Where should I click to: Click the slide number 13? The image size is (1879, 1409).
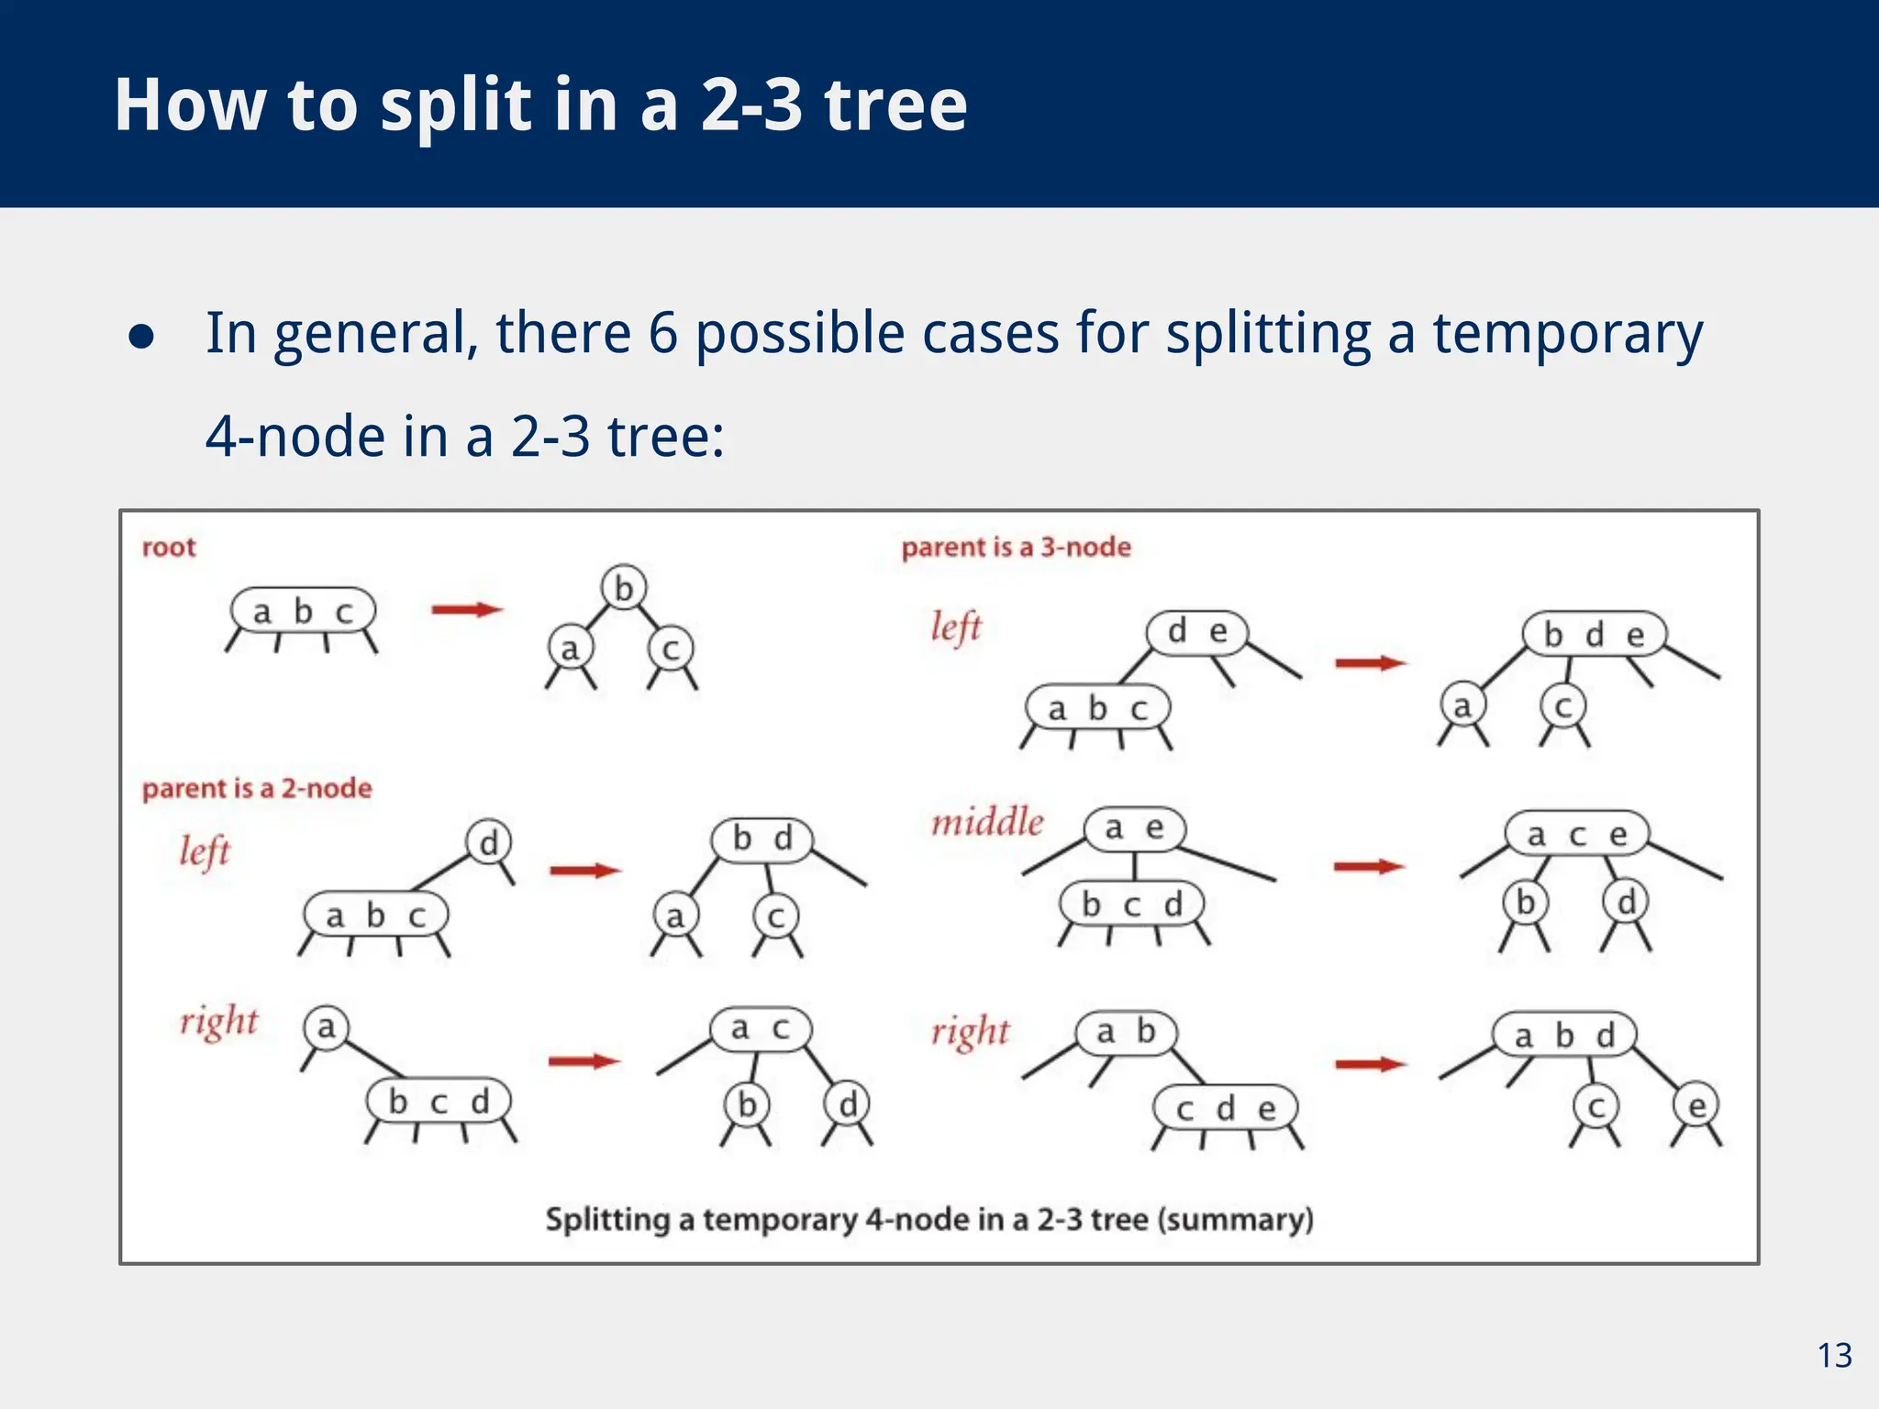(x=1834, y=1355)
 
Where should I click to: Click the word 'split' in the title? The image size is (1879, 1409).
(x=456, y=105)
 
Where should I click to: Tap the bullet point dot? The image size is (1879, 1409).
(x=141, y=336)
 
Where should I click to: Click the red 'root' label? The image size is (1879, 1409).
(x=169, y=548)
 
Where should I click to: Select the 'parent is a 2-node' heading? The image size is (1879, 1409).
(x=257, y=789)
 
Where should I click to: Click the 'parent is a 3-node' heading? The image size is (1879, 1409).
(x=1016, y=548)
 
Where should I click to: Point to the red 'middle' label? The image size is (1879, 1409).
(x=987, y=822)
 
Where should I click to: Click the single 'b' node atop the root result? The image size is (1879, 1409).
(x=624, y=588)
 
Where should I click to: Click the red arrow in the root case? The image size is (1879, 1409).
(x=467, y=610)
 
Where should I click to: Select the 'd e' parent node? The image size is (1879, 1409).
(x=1196, y=632)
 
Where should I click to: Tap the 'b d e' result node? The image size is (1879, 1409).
(x=1594, y=635)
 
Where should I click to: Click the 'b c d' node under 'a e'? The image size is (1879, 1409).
(x=1131, y=904)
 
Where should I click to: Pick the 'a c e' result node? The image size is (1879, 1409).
(x=1576, y=835)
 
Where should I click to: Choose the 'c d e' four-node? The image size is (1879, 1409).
(x=1226, y=1109)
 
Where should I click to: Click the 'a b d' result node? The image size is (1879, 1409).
(x=1563, y=1036)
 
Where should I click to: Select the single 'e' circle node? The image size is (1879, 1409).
(x=1696, y=1106)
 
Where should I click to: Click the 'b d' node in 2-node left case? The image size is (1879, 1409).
(x=762, y=839)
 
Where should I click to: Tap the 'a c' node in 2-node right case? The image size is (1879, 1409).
(x=760, y=1029)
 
